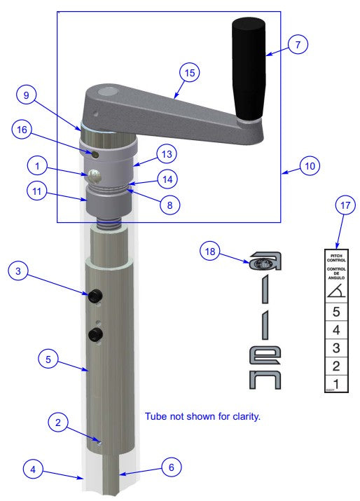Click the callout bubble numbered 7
click(298, 43)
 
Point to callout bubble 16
click(22, 130)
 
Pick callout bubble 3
click(20, 271)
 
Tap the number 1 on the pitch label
click(335, 383)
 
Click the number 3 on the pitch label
click(335, 348)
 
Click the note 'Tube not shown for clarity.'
click(202, 416)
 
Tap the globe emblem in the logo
click(260, 264)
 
